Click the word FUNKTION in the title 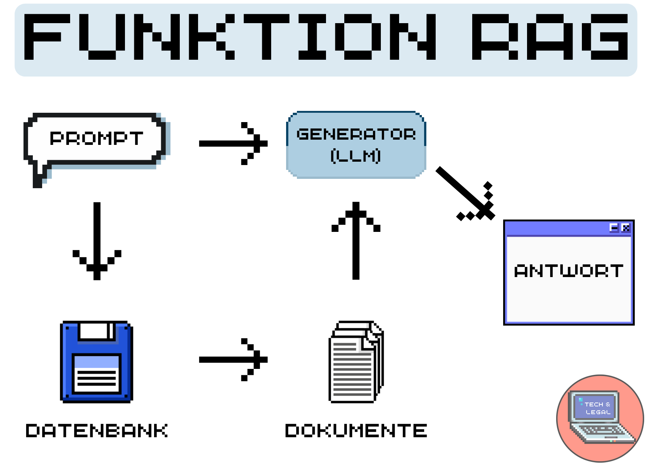(x=229, y=37)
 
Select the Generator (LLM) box (x=356, y=145)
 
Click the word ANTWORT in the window (x=568, y=271)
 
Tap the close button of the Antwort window (x=626, y=228)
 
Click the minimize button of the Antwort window (x=614, y=228)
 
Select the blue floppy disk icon (x=97, y=361)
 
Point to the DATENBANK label (x=97, y=431)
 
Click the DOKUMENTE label (x=356, y=431)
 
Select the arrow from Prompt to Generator (x=233, y=143)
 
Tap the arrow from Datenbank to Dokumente (x=233, y=360)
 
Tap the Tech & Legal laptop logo (x=600, y=418)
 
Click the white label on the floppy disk (x=97, y=373)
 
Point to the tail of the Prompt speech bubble (x=38, y=177)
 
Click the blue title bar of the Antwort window (x=556, y=228)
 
